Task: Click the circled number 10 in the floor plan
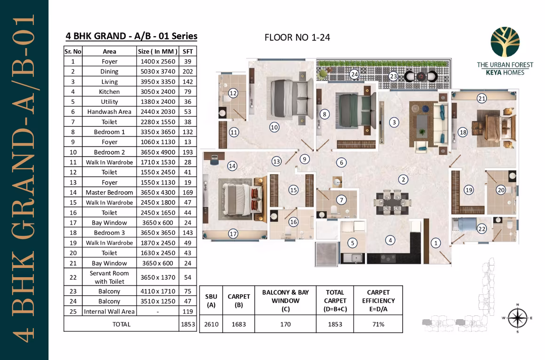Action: pyautogui.click(x=274, y=127)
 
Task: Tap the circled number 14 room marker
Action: pyautogui.click(x=232, y=166)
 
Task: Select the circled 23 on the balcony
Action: pyautogui.click(x=393, y=76)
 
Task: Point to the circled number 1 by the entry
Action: pyautogui.click(x=436, y=243)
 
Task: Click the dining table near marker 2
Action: pyautogui.click(x=392, y=202)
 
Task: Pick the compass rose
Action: pyautogui.click(x=518, y=318)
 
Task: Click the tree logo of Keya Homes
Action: pyautogui.click(x=505, y=42)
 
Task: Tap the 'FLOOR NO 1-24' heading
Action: pyautogui.click(x=297, y=37)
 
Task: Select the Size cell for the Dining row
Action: pyautogui.click(x=158, y=71)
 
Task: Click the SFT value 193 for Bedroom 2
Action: pyautogui.click(x=187, y=152)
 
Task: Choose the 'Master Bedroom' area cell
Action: pyautogui.click(x=109, y=192)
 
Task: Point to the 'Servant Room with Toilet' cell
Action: pyautogui.click(x=109, y=277)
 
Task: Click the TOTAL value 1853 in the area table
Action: pyautogui.click(x=187, y=324)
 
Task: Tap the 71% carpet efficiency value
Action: pyautogui.click(x=378, y=324)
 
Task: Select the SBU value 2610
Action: pyautogui.click(x=211, y=324)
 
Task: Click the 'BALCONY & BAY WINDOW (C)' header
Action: pyautogui.click(x=285, y=300)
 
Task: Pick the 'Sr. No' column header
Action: pyautogui.click(x=73, y=52)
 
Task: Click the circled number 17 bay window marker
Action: pyautogui.click(x=233, y=234)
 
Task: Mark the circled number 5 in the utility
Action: pyautogui.click(x=352, y=243)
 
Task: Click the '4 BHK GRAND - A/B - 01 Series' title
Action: pyautogui.click(x=132, y=36)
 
